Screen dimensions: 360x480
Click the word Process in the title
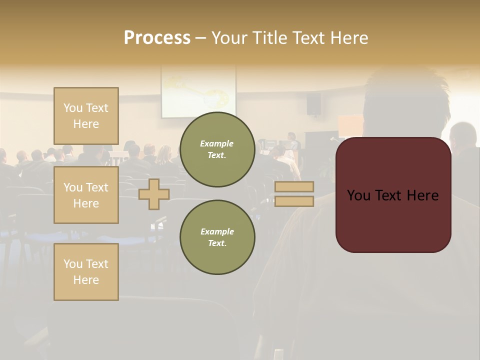pyautogui.click(x=157, y=38)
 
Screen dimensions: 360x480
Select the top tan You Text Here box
pyautogui.click(x=86, y=116)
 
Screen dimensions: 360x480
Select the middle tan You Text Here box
pyautogui.click(x=86, y=195)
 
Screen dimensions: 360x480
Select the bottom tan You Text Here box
pyautogui.click(x=86, y=272)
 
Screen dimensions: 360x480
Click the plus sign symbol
pyautogui.click(x=154, y=194)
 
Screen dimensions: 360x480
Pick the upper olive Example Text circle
pyautogui.click(x=217, y=149)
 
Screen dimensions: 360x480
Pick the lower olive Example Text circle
pyautogui.click(x=217, y=237)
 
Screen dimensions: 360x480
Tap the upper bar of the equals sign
pyautogui.click(x=294, y=186)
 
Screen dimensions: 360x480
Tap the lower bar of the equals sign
pyautogui.click(x=294, y=201)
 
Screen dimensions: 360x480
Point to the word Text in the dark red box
pyautogui.click(x=392, y=195)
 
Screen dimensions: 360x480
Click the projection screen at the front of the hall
pyautogui.click(x=198, y=93)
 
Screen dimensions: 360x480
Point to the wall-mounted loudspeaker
pyautogui.click(x=313, y=103)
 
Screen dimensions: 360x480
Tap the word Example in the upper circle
pyautogui.click(x=217, y=143)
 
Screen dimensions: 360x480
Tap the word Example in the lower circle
pyautogui.click(x=217, y=231)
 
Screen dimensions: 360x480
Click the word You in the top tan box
pyautogui.click(x=73, y=108)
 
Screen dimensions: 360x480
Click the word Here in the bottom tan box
pyautogui.click(x=86, y=280)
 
